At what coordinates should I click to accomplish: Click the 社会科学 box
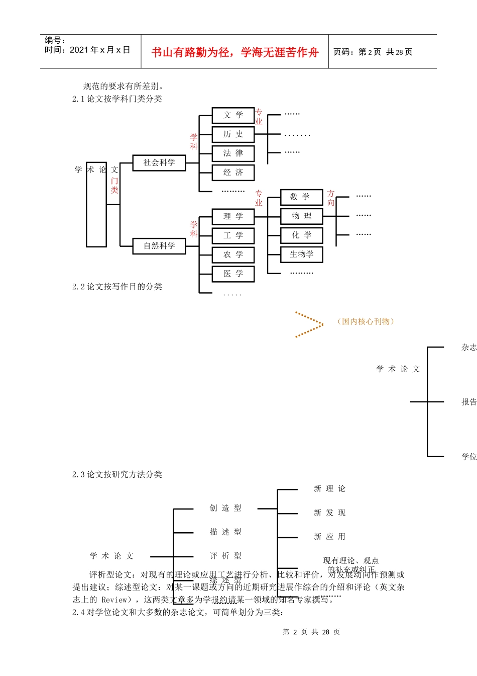click(159, 163)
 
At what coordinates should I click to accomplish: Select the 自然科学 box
click(159, 246)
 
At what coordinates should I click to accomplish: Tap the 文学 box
click(233, 115)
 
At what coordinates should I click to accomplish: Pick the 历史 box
click(233, 134)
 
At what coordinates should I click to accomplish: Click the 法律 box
click(233, 153)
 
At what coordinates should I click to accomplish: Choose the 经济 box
click(233, 173)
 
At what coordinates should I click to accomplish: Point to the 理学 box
click(233, 217)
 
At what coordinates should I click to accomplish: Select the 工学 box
click(233, 236)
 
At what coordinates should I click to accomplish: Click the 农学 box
click(233, 255)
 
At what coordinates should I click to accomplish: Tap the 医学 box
click(233, 274)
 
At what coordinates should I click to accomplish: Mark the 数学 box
click(301, 197)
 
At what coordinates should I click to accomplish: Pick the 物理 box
click(301, 216)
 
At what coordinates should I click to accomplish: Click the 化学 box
click(301, 235)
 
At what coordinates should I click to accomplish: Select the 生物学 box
click(301, 255)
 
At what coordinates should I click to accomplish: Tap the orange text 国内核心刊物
click(366, 322)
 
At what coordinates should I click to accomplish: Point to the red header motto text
click(235, 52)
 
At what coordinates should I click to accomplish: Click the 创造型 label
click(225, 509)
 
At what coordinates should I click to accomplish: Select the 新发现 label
click(329, 513)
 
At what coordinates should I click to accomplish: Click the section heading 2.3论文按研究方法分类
click(117, 475)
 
